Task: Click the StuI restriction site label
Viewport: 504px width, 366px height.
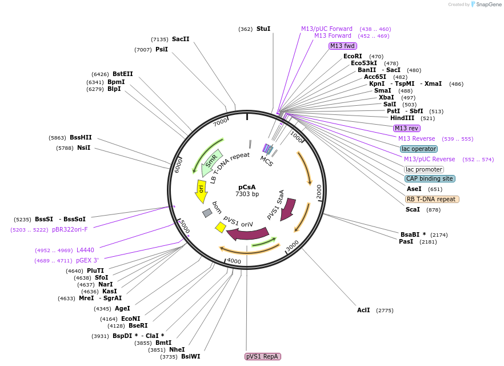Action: pyautogui.click(x=263, y=29)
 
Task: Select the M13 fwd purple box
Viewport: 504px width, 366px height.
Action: pyautogui.click(x=342, y=46)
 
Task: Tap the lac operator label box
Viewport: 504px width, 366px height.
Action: pyautogui.click(x=419, y=149)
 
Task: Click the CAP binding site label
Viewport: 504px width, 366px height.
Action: pyautogui.click(x=430, y=178)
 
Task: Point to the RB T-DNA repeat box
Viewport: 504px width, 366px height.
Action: pyautogui.click(x=432, y=199)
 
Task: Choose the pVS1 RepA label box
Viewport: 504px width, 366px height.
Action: pyautogui.click(x=263, y=356)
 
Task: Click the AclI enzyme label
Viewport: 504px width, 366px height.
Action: pyautogui.click(x=363, y=310)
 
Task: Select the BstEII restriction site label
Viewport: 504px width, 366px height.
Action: pyautogui.click(x=122, y=74)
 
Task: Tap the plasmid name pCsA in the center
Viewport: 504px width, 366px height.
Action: pyautogui.click(x=247, y=187)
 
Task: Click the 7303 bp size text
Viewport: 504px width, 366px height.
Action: pyautogui.click(x=247, y=194)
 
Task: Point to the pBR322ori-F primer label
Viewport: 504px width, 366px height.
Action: pyautogui.click(x=70, y=229)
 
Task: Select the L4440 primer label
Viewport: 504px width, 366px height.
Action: pyautogui.click(x=85, y=250)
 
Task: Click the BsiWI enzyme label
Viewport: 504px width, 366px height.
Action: pyautogui.click(x=190, y=356)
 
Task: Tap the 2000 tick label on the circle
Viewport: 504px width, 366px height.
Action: pyautogui.click(x=319, y=190)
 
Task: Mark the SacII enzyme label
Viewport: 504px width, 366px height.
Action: pyautogui.click(x=181, y=39)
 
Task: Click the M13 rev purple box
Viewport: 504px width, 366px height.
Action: pyautogui.click(x=406, y=128)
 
